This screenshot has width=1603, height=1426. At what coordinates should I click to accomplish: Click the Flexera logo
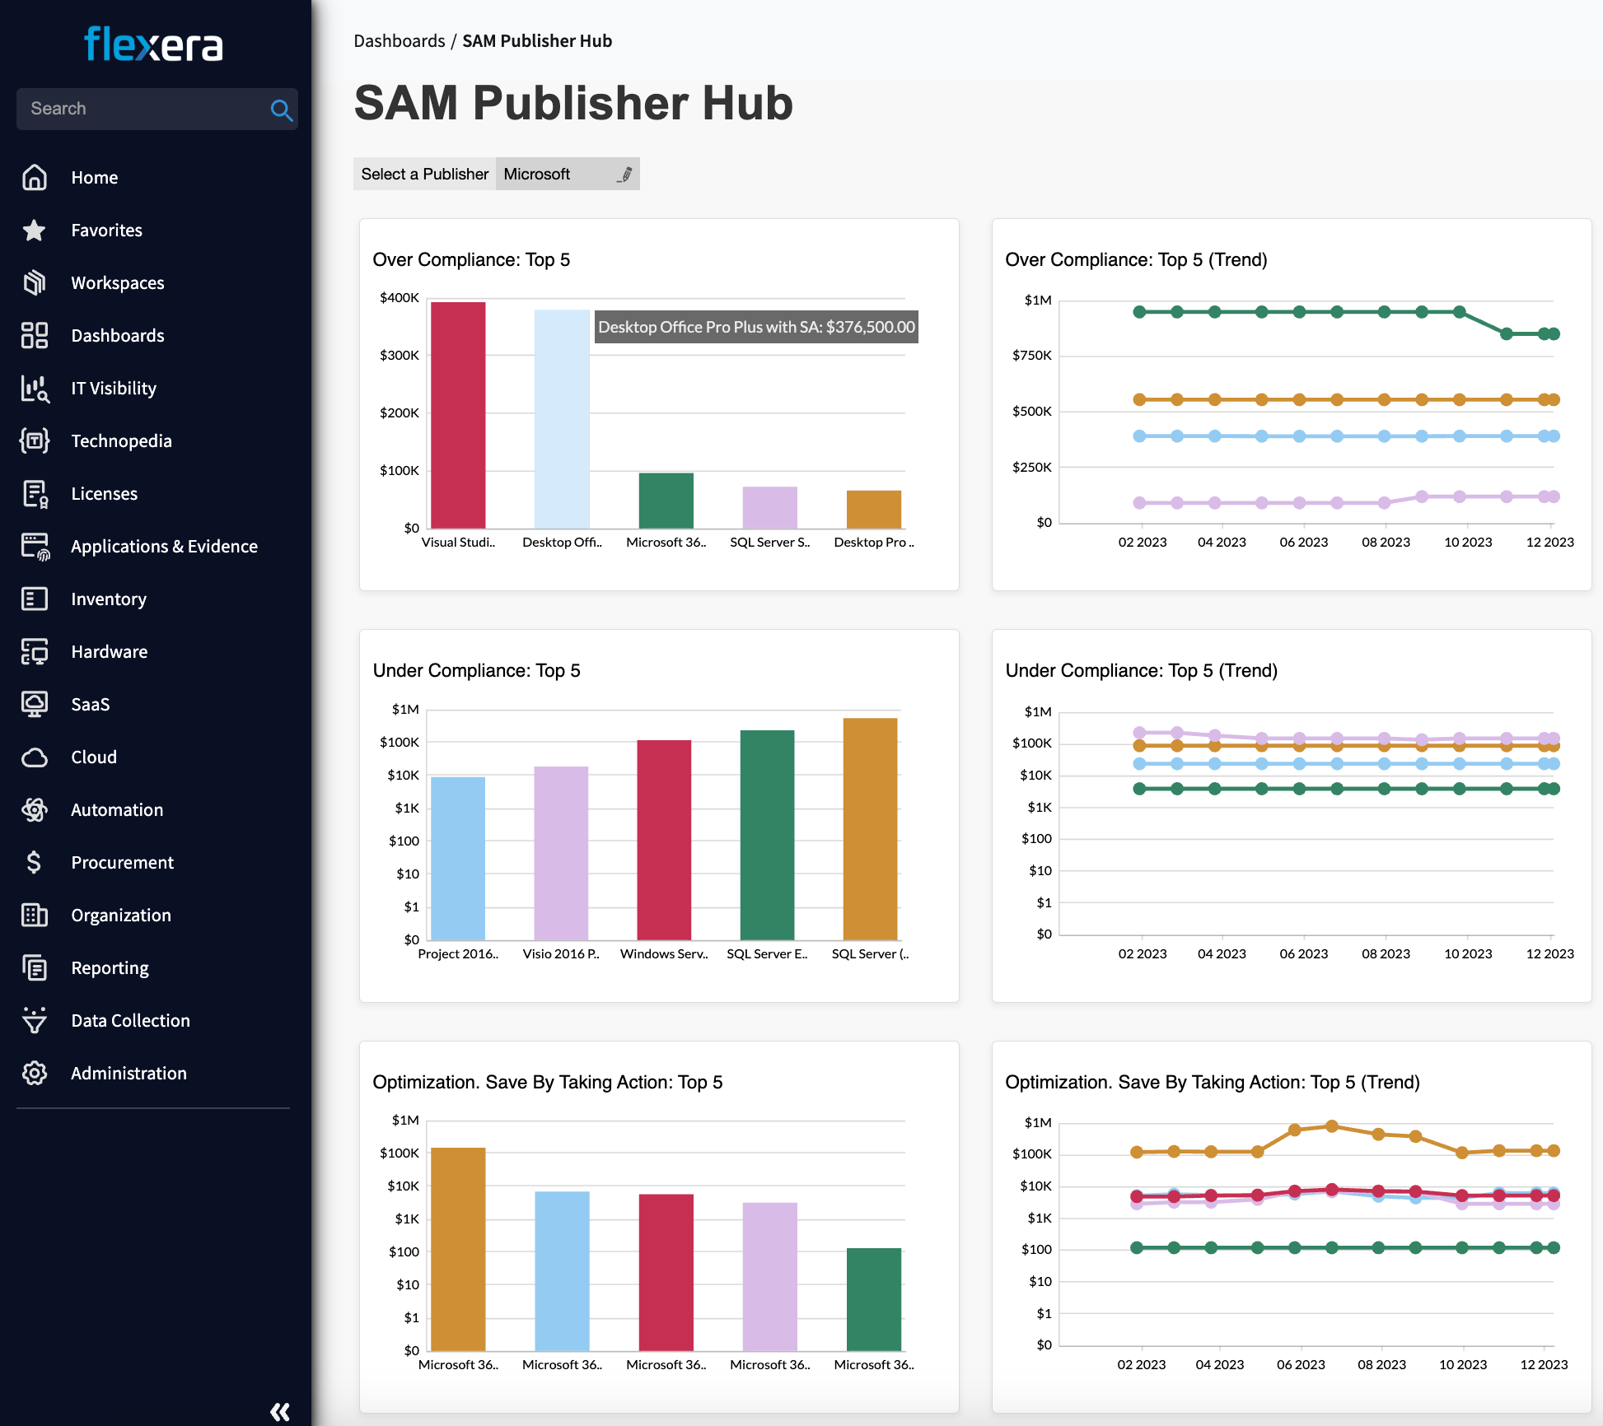pos(154,44)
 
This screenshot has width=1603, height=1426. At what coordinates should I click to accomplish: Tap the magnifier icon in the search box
pos(281,110)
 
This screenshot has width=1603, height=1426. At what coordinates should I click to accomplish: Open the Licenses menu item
pos(104,494)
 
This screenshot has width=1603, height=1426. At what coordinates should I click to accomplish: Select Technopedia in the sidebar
pos(121,441)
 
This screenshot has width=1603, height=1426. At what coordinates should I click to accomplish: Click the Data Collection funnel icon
pos(35,1020)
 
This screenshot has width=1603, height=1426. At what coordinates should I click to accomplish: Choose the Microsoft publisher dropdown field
pos(567,175)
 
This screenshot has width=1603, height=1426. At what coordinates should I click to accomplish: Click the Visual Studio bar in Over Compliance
pos(458,415)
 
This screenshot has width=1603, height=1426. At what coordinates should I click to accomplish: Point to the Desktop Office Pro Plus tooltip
pos(756,327)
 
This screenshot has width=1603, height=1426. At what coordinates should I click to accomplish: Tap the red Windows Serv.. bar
pos(664,840)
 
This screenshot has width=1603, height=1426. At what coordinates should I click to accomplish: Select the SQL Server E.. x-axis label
pos(767,954)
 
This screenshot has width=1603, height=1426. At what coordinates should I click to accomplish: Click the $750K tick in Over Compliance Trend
pos(1032,356)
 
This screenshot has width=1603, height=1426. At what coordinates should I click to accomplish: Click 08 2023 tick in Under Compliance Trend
pos(1386,954)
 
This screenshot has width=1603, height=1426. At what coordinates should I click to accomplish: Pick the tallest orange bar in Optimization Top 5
pos(458,1248)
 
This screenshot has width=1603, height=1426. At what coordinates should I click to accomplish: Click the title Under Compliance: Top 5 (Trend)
pos(1141,671)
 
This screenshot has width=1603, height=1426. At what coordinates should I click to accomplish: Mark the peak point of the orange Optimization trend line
pos(1332,1125)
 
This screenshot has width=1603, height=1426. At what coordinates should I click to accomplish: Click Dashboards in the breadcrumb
pos(400,41)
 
